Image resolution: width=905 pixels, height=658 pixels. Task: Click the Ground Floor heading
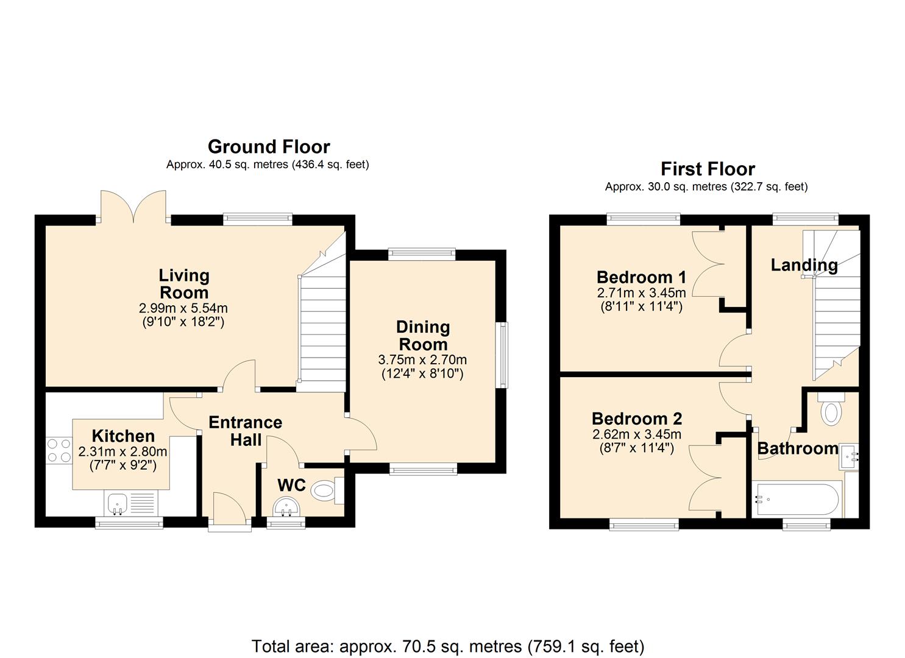(269, 147)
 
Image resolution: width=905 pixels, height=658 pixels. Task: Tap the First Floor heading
(708, 169)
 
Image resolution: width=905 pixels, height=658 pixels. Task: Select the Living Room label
(184, 284)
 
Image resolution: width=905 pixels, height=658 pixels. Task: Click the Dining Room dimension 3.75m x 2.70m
(422, 359)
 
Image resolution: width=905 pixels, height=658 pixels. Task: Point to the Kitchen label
(123, 436)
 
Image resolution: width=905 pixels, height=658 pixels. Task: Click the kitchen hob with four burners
(59, 450)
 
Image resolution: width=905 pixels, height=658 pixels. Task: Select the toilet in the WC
(327, 491)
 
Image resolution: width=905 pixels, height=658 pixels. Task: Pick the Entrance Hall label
(245, 431)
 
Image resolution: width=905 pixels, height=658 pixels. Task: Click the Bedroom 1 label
(641, 277)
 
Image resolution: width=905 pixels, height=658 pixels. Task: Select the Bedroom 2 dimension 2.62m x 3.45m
(637, 434)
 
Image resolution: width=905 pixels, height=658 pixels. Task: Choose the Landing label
(804, 266)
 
